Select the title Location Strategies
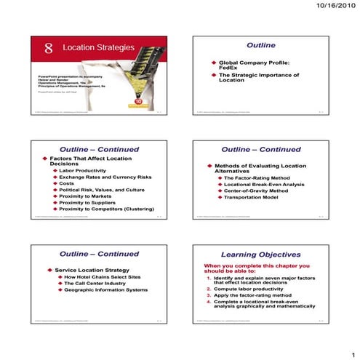[x=98, y=48]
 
